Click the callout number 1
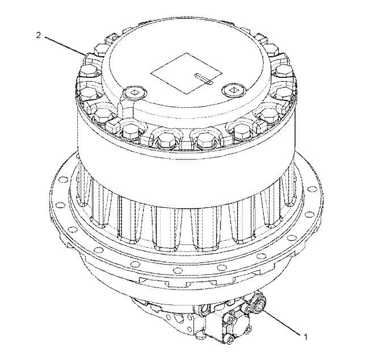point(305,337)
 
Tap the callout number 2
point(38,35)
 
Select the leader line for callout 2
point(65,46)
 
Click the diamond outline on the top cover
point(186,73)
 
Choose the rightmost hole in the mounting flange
point(313,189)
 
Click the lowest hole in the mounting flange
point(178,270)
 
